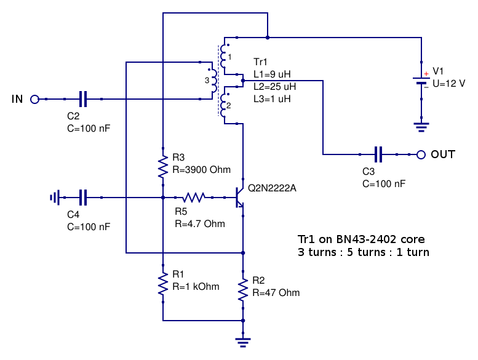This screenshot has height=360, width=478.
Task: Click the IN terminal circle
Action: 34,99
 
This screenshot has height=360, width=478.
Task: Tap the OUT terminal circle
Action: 421,154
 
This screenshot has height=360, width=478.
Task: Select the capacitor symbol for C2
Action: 83,99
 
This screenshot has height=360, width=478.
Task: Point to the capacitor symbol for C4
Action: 83,198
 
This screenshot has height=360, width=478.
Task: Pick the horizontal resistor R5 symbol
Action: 194,198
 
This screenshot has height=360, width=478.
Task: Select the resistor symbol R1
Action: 163,284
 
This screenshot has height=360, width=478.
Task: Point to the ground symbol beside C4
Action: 55,198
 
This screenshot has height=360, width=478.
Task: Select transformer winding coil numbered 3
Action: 213,81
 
